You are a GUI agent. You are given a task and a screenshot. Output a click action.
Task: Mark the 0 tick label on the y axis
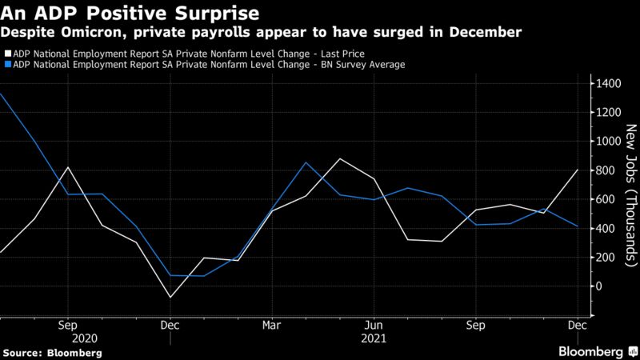coord(596,286)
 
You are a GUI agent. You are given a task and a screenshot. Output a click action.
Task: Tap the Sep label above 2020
coord(67,326)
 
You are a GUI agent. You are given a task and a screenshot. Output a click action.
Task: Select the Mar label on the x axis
coord(271,326)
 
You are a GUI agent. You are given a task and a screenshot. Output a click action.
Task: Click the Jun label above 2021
coord(373,326)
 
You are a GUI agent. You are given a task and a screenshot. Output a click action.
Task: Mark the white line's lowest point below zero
coord(170,298)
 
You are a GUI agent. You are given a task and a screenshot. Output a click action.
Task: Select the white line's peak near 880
coord(340,158)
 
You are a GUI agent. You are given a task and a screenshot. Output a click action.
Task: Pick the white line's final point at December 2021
coord(578,170)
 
